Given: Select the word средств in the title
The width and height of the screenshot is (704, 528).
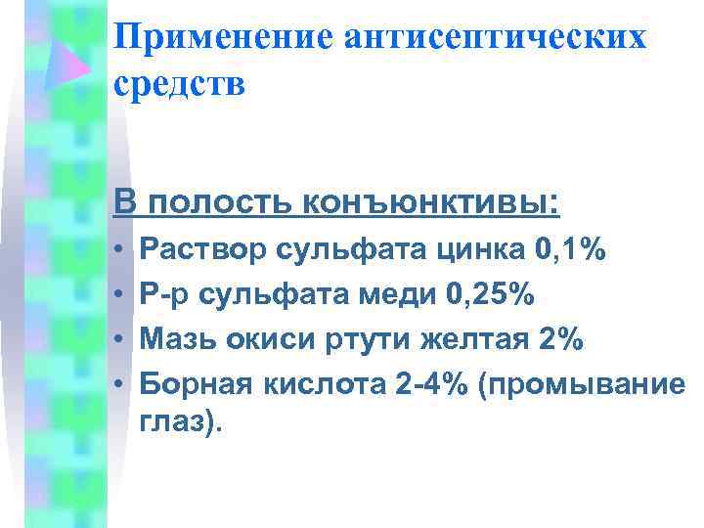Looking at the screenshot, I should tap(179, 83).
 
